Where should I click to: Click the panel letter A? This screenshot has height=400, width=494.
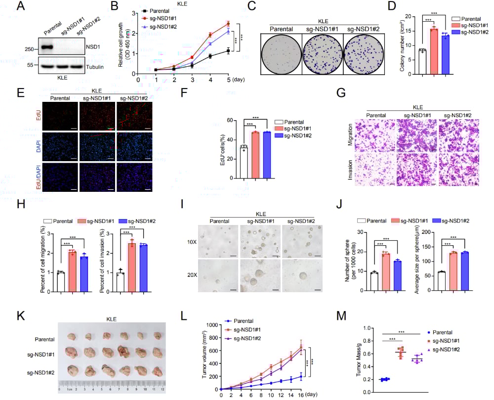pos(21,7)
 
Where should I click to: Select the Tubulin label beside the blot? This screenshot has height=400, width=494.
pos(95,66)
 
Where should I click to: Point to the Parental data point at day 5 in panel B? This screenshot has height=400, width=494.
pos(228,50)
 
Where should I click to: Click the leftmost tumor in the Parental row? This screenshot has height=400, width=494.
pos(72,336)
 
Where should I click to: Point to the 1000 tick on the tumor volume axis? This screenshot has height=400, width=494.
pos(213,325)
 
